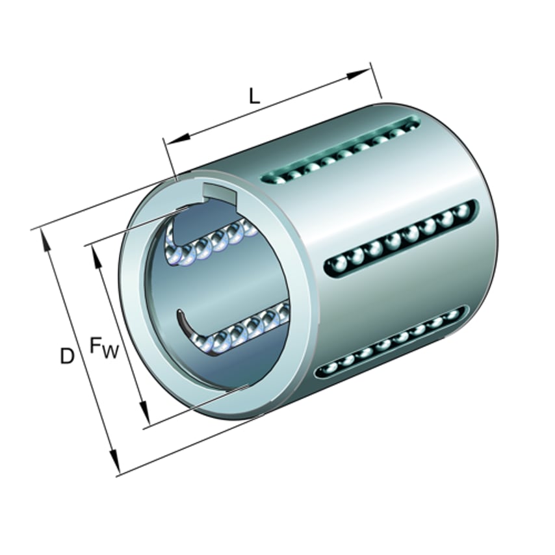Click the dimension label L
pos(255,96)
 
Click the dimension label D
pos(67,356)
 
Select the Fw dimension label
pos(103,348)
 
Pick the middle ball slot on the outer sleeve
pos(399,239)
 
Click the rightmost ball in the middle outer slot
pos(463,211)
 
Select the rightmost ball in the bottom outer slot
pos(453,315)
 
